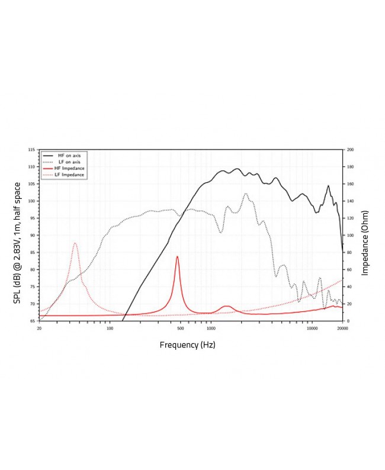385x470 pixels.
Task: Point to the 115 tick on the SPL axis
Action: point(32,150)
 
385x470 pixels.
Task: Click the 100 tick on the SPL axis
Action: point(32,201)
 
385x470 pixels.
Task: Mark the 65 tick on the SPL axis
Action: point(32,320)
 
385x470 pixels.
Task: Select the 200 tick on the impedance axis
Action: point(349,150)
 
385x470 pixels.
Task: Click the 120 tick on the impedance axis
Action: point(349,218)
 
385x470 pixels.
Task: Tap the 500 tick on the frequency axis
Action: point(181,327)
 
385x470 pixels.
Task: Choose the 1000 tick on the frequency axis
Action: point(211,327)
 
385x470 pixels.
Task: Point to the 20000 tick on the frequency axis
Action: point(342,327)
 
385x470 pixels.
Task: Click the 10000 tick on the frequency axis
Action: point(312,327)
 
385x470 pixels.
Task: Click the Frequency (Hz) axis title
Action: point(187,345)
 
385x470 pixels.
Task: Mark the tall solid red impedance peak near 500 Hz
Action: point(177,257)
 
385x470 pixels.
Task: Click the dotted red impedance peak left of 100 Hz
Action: point(75,243)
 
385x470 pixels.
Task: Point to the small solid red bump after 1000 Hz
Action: point(226,306)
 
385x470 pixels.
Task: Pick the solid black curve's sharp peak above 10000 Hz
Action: point(328,186)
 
